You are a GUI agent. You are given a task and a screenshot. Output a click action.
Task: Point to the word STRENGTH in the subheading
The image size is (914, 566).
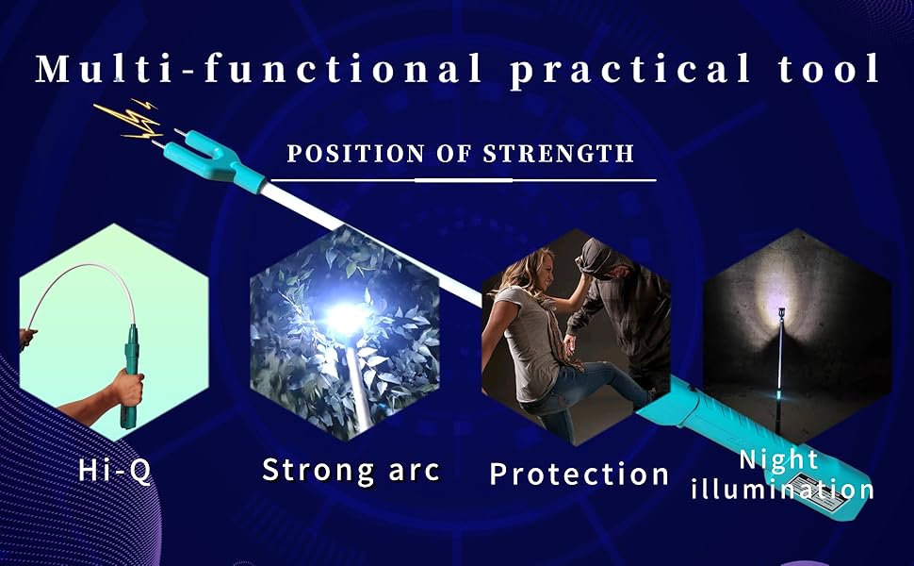[559, 154]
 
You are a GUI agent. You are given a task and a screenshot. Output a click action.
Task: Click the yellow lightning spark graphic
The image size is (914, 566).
[128, 119]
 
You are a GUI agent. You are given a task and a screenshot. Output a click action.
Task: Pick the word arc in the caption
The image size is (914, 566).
[414, 471]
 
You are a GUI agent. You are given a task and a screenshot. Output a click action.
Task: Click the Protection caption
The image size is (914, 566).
[579, 474]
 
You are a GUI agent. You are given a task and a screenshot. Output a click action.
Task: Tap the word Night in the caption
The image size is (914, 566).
[778, 460]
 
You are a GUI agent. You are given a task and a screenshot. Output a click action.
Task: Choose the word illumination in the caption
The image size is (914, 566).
[782, 489]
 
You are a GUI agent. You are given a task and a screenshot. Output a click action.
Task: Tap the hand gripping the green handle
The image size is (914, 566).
[127, 387]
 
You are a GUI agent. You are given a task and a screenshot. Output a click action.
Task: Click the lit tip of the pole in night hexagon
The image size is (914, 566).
[780, 312]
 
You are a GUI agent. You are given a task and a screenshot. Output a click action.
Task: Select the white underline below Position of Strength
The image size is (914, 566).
[464, 180]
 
